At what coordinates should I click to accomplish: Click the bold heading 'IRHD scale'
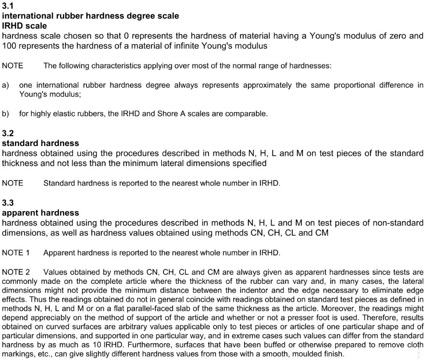[25, 26]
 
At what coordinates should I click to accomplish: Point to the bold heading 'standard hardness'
[41, 143]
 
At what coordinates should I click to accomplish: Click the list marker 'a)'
[6, 85]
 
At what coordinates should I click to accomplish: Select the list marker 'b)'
[6, 114]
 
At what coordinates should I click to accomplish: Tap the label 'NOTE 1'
[16, 253]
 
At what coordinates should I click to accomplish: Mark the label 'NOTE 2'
[16, 272]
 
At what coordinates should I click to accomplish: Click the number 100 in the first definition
[9, 46]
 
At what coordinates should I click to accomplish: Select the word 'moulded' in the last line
[310, 354]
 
